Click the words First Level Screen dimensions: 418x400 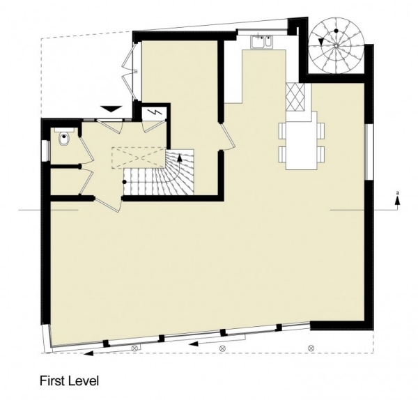pyautogui.click(x=69, y=380)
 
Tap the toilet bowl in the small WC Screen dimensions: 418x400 pyautogui.click(x=64, y=139)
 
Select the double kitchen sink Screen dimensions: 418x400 pyautogui.click(x=261, y=42)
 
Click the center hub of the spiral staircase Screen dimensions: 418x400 pyautogui.click(x=336, y=46)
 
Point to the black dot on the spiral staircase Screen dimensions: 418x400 pyautogui.click(x=336, y=31)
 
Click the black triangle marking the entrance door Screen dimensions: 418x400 pyautogui.click(x=111, y=109)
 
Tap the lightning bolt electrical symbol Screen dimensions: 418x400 pyautogui.click(x=155, y=113)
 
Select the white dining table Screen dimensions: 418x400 pyautogui.click(x=302, y=141)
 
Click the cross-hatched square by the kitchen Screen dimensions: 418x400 pyautogui.click(x=295, y=97)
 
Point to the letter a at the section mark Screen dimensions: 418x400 pyautogui.click(x=397, y=192)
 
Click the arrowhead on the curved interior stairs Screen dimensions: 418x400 pyautogui.click(x=180, y=157)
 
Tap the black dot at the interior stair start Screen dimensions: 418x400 pyautogui.click(x=124, y=182)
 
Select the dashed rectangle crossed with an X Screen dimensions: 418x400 pyautogui.click(x=137, y=157)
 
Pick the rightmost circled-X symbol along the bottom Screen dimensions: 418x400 pyautogui.click(x=311, y=348)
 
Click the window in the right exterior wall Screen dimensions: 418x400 pyautogui.click(x=369, y=152)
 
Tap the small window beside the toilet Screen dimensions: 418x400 pyautogui.click(x=47, y=151)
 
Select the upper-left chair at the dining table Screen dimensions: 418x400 pyautogui.click(x=282, y=131)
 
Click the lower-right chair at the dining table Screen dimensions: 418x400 pyautogui.click(x=321, y=154)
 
